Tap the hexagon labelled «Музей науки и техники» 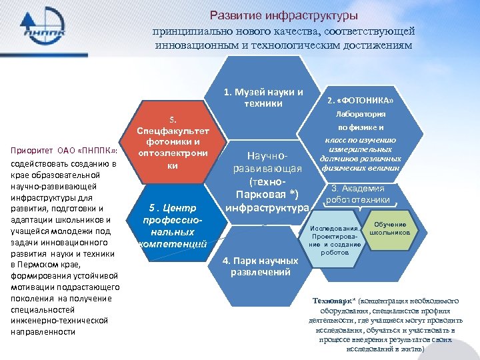(x=263, y=97)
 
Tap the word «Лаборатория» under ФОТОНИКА (x=364, y=114)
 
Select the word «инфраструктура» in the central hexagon (x=267, y=207)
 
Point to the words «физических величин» (x=364, y=168)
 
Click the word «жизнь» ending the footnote (x=409, y=349)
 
